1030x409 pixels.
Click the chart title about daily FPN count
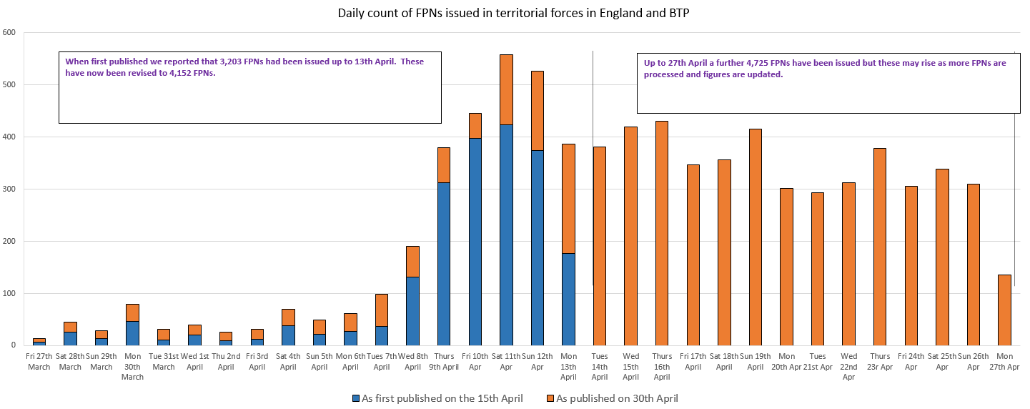coord(515,13)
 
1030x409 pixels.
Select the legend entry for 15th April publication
coord(437,398)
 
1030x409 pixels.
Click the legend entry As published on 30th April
coord(611,398)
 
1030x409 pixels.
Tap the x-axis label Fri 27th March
coord(39,361)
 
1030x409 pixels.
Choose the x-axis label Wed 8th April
coord(412,361)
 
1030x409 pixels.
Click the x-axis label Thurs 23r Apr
coord(878,361)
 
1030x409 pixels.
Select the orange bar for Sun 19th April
coord(755,237)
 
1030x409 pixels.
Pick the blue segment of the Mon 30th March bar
coord(133,333)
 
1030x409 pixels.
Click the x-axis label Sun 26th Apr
coord(973,361)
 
